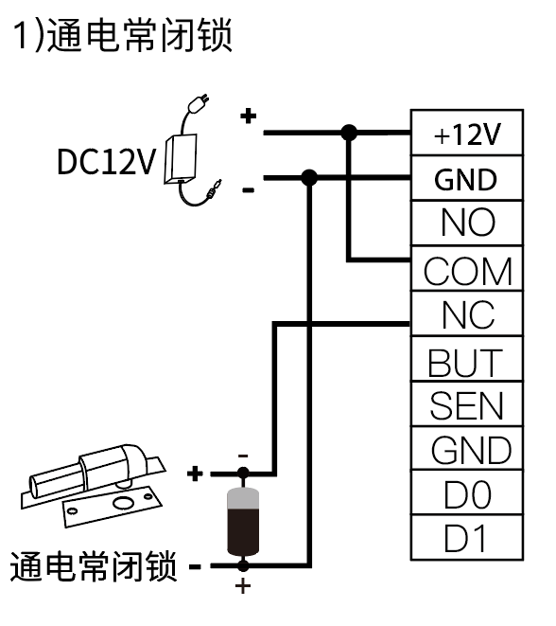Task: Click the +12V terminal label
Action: [467, 134]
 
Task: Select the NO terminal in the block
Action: [467, 223]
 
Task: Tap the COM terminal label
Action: [467, 271]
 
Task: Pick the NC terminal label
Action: [468, 314]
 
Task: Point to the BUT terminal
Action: [464, 363]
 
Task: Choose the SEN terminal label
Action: [466, 405]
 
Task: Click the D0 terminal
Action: [467, 494]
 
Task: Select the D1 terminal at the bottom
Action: [464, 538]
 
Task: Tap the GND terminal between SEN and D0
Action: [471, 450]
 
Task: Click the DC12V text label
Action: [106, 162]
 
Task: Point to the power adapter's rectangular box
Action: [181, 159]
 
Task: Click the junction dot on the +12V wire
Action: [349, 133]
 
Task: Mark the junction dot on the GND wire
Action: [309, 178]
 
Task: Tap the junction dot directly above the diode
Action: [243, 474]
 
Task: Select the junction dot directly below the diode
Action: [243, 565]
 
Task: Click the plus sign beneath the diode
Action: [243, 586]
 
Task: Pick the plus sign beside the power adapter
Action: [249, 116]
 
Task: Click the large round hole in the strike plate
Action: [123, 502]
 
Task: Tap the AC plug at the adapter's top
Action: [198, 104]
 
